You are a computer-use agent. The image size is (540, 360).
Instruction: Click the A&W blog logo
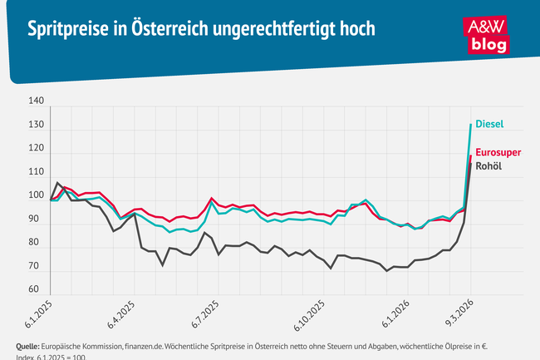click(488, 34)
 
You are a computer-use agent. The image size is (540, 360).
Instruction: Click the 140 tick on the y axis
click(36, 101)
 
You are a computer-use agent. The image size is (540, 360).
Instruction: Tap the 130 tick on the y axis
click(36, 125)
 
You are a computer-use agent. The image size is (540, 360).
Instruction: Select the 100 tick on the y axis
click(36, 195)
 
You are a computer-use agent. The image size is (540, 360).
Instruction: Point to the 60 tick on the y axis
click(36, 289)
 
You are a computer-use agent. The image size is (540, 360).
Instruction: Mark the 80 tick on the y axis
click(36, 243)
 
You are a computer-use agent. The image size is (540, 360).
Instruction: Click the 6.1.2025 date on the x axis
click(38, 317)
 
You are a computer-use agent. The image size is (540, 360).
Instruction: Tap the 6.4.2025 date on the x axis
click(121, 317)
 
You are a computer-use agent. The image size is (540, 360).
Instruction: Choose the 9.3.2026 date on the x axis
click(459, 317)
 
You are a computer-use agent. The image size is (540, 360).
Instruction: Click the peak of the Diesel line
click(471, 125)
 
